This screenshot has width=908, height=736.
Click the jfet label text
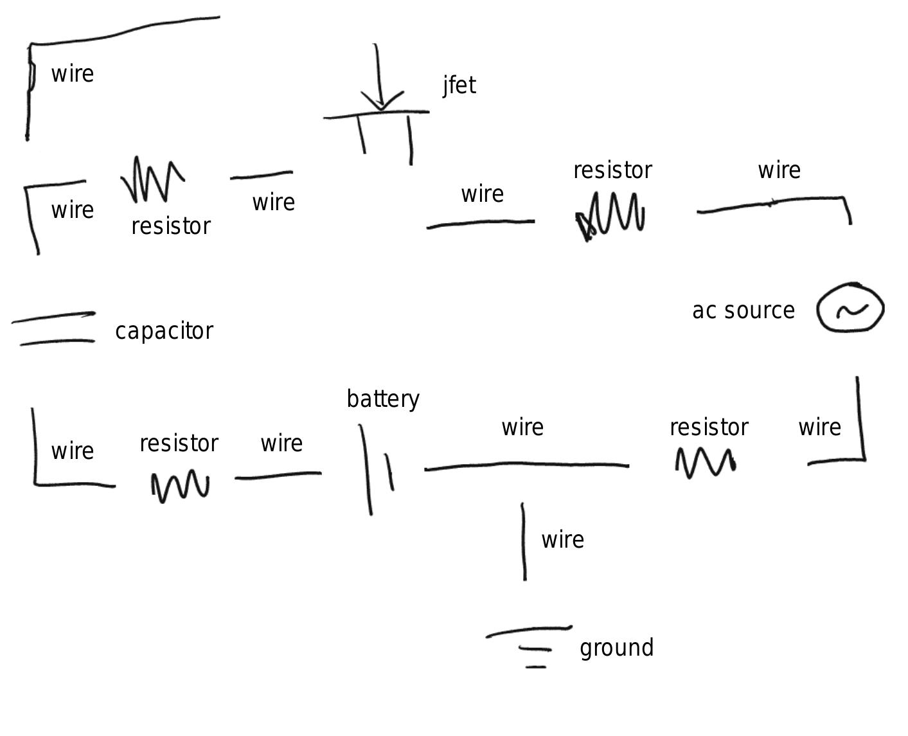tap(459, 85)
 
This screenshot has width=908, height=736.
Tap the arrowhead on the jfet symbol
tap(382, 103)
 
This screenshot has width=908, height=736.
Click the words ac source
tap(743, 310)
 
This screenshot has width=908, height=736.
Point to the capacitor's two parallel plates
tap(54, 328)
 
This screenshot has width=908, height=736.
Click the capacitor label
tap(164, 331)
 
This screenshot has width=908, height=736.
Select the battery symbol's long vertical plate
tap(366, 469)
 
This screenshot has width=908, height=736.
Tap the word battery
tap(383, 399)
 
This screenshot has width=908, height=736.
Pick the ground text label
tap(616, 647)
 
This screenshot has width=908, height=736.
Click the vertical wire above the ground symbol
tap(524, 542)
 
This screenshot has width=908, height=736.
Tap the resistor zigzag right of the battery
tap(705, 462)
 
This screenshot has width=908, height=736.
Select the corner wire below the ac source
tap(860, 444)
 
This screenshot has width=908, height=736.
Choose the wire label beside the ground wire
tap(562, 540)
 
